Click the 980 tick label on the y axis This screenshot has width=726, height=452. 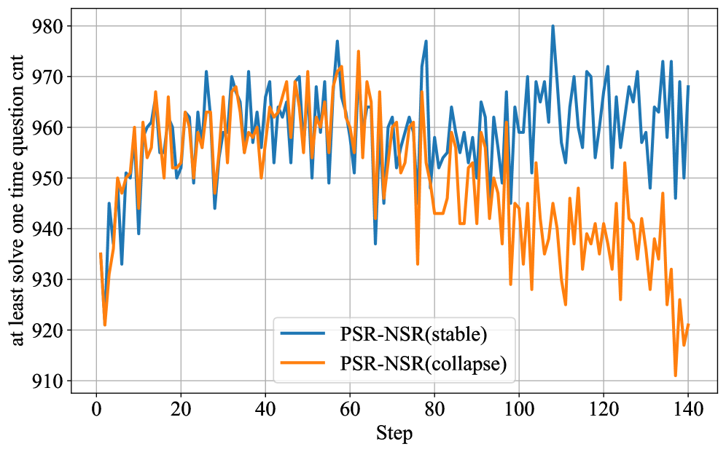(x=48, y=26)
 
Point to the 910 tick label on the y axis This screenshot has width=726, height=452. (x=48, y=381)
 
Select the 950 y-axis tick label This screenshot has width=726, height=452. (x=48, y=178)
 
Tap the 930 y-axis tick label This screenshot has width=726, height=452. (x=48, y=280)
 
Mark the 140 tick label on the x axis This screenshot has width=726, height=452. (x=684, y=410)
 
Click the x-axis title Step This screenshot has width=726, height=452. (x=394, y=434)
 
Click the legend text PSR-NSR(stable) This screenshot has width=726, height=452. (x=413, y=335)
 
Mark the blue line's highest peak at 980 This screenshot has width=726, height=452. (x=553, y=26)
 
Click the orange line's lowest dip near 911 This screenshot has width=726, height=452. (x=676, y=376)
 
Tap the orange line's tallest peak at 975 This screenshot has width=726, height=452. (x=358, y=52)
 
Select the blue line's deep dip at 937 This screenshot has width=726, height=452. (x=375, y=244)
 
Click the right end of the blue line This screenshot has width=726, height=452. (x=688, y=87)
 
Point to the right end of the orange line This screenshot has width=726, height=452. (x=688, y=325)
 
